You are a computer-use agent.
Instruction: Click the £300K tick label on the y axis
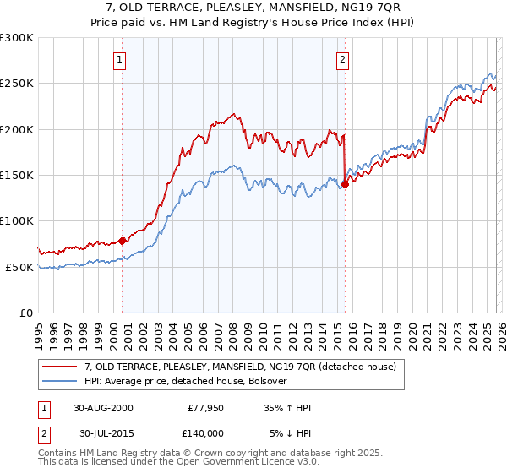17,38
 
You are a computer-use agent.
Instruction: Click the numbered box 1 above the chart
121,59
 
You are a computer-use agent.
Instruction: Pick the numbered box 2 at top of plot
343,59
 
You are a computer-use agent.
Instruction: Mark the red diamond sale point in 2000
123,241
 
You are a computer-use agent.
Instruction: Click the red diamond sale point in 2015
345,184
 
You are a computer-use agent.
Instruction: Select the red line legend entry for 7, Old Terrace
245,367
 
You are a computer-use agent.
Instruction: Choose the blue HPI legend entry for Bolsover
186,381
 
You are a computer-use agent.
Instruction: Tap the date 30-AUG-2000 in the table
103,408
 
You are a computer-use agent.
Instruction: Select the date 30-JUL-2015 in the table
103,432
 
